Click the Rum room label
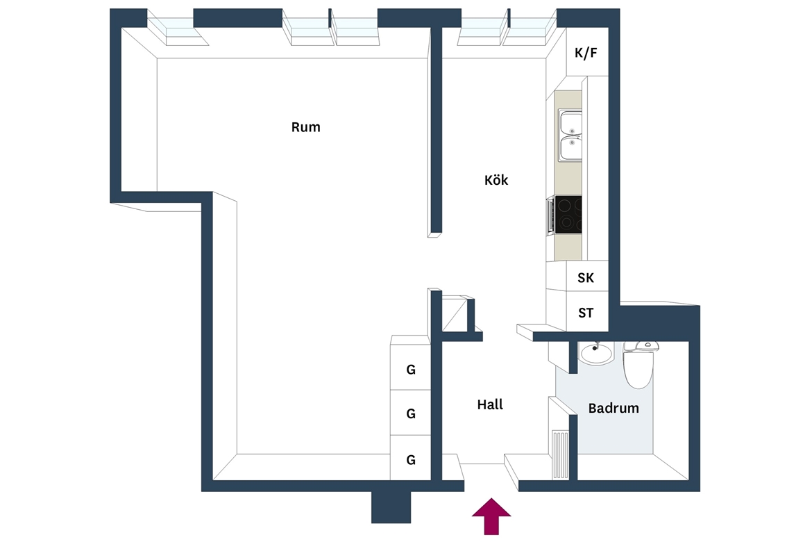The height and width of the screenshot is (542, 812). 305,127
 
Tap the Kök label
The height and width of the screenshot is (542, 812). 496,180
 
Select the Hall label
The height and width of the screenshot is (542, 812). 490,404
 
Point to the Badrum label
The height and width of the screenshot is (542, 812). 614,408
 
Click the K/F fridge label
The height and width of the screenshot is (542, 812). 586,52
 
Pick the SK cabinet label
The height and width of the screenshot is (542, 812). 586,278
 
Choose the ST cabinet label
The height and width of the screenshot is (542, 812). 586,313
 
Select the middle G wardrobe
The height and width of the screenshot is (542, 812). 411,413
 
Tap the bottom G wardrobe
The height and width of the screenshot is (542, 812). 411,458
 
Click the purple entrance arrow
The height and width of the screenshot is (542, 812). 491,516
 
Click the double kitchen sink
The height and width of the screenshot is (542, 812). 570,135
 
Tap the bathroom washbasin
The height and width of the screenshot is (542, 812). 596,354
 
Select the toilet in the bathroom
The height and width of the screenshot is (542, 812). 638,365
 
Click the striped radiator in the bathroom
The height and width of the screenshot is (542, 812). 560,454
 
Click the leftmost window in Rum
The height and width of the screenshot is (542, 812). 178,31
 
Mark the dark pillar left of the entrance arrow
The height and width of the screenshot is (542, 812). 391,507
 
